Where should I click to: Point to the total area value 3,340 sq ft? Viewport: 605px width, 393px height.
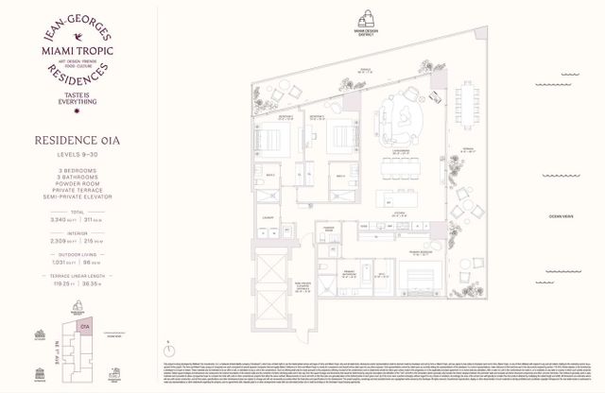(52, 218)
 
